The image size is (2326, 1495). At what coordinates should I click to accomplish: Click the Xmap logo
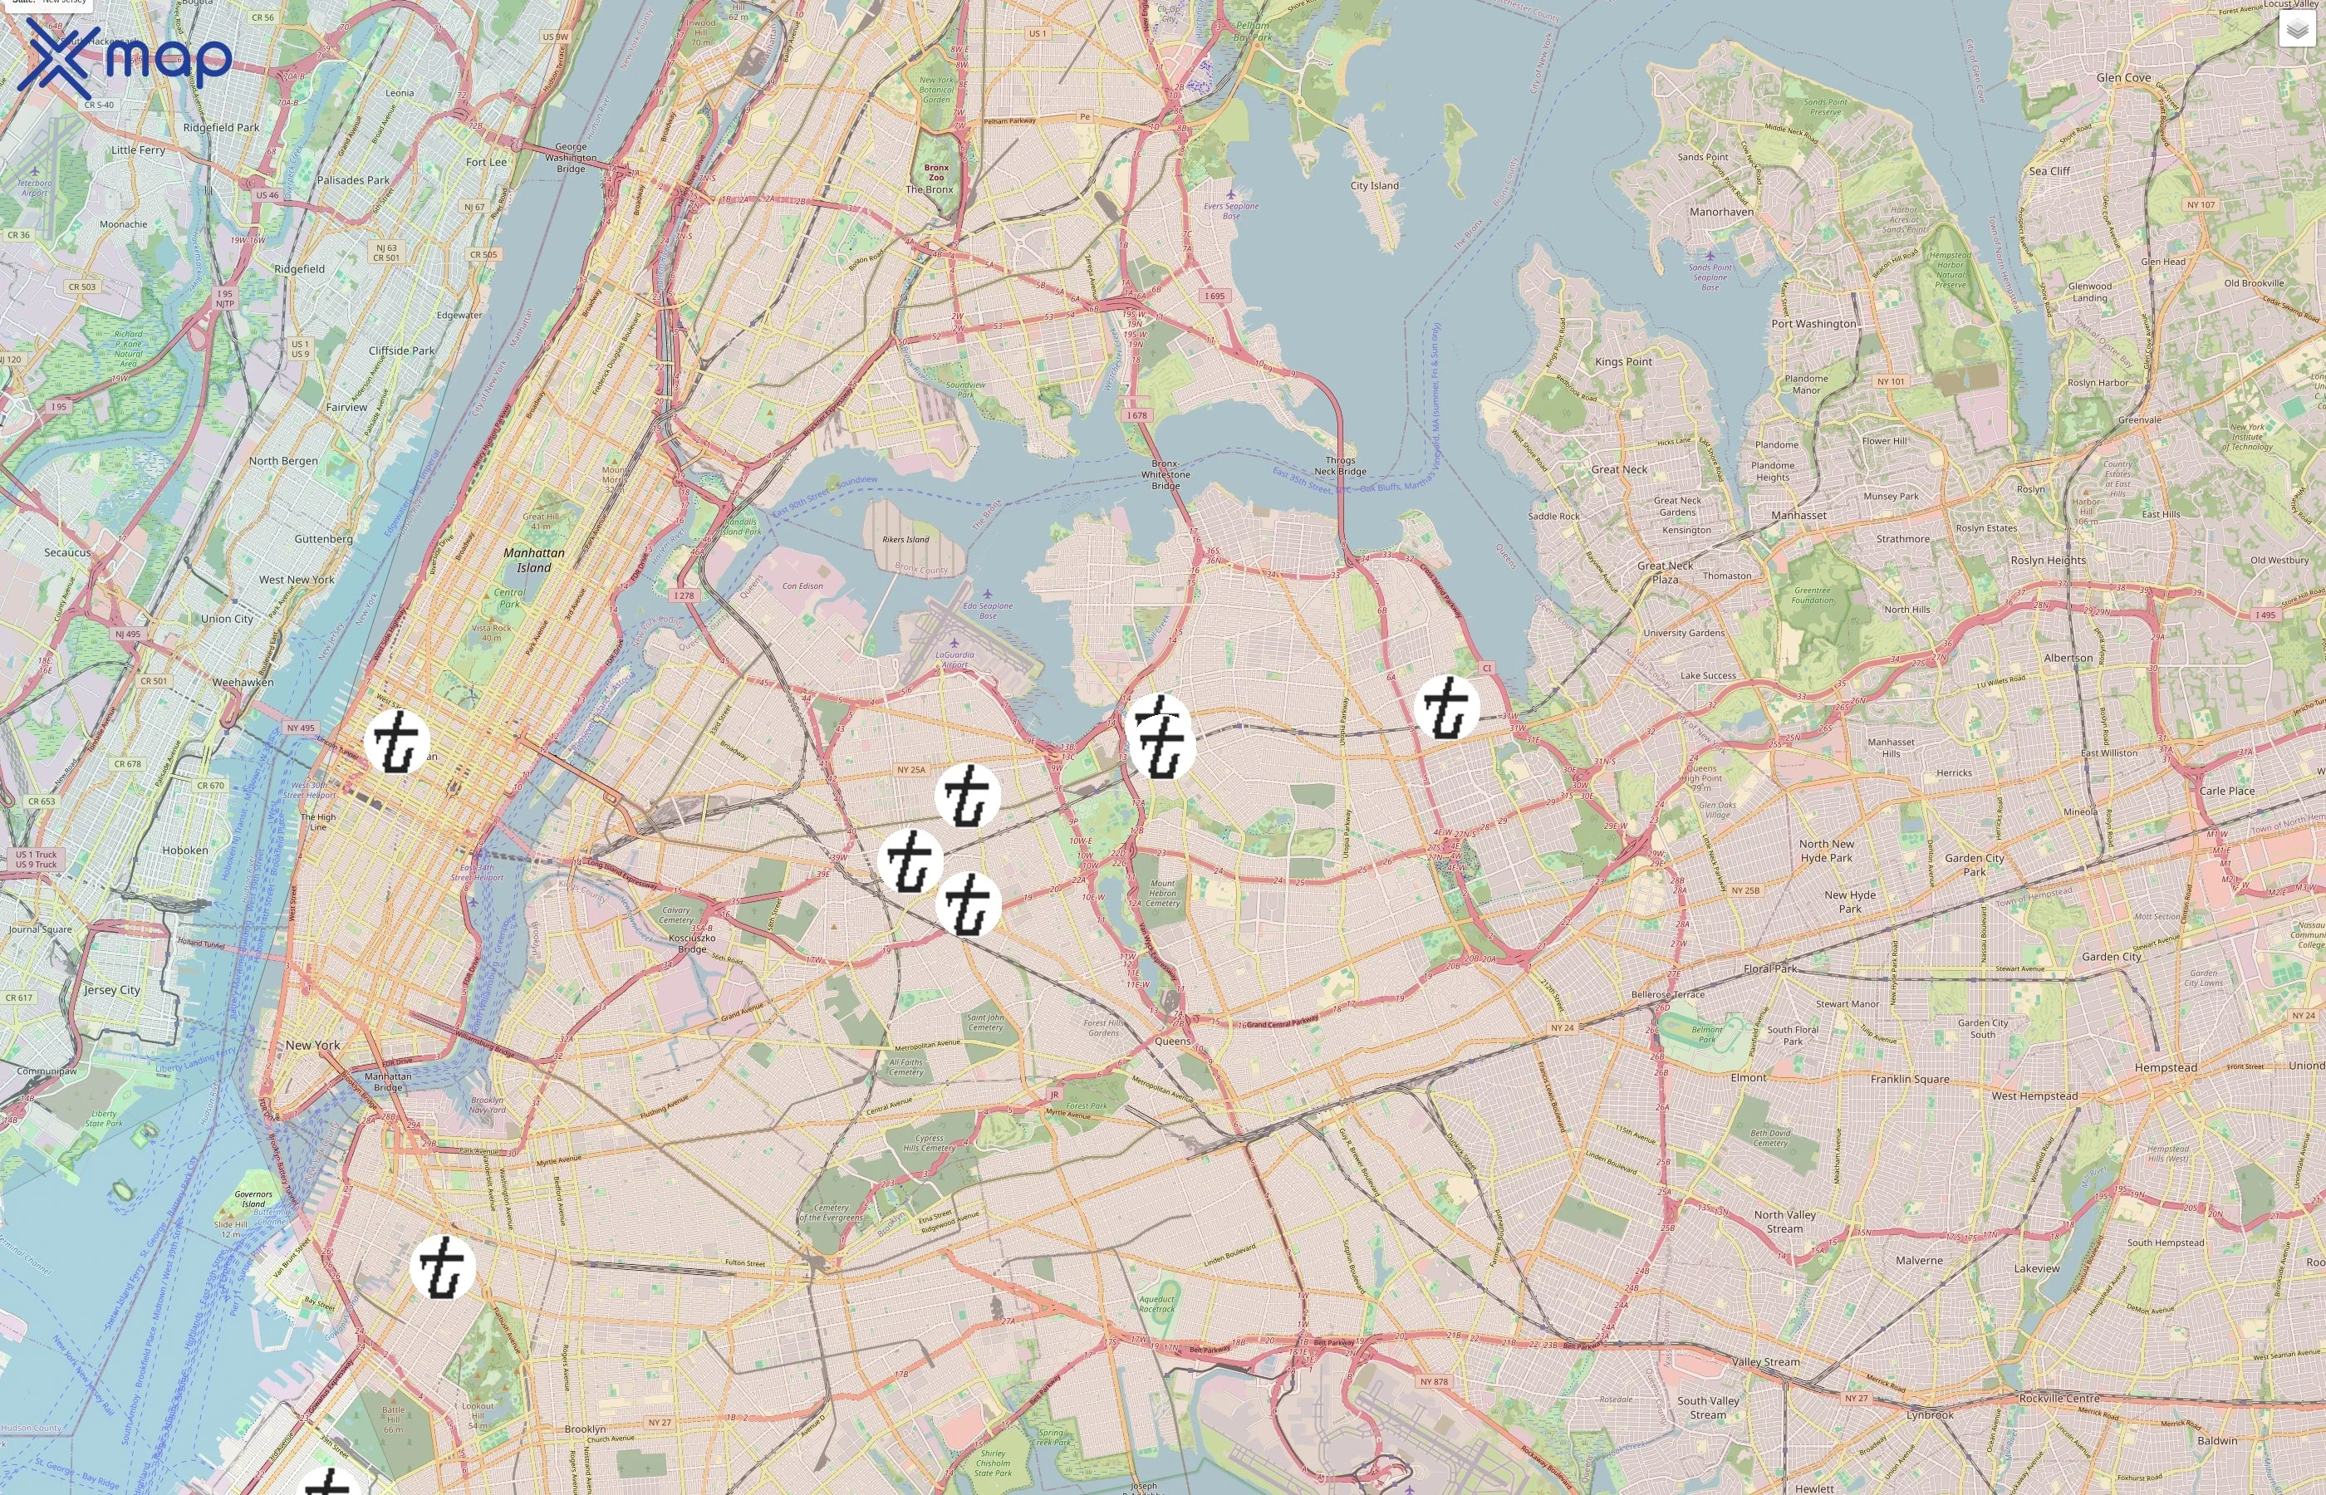pyautogui.click(x=125, y=58)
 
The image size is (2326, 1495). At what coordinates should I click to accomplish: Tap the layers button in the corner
pyautogui.click(x=2296, y=30)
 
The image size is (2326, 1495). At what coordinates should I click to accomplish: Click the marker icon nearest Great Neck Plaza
pyautogui.click(x=1447, y=708)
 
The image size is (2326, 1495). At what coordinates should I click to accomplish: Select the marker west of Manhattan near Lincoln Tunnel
pyautogui.click(x=397, y=742)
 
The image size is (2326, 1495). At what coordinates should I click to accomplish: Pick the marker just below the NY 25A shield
pyautogui.click(x=967, y=796)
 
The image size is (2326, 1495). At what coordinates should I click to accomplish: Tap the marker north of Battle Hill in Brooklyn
pyautogui.click(x=443, y=1267)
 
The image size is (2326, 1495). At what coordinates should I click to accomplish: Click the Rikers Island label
pyautogui.click(x=905, y=540)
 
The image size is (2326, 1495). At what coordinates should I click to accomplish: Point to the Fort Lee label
pyautogui.click(x=485, y=162)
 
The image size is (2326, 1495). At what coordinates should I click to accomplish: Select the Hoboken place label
pyautogui.click(x=184, y=850)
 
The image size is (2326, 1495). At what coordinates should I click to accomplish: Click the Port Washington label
pyautogui.click(x=1813, y=324)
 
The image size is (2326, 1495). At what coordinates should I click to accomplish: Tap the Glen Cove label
pyautogui.click(x=2123, y=78)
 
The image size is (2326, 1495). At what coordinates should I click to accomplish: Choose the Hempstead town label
pyautogui.click(x=2165, y=1068)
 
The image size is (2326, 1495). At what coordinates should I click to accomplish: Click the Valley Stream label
pyautogui.click(x=1765, y=1362)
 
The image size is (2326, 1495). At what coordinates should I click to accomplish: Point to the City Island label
pyautogui.click(x=1375, y=185)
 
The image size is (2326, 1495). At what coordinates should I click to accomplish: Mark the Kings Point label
pyautogui.click(x=1623, y=362)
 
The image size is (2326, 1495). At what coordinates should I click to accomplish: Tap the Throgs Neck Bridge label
pyautogui.click(x=1340, y=466)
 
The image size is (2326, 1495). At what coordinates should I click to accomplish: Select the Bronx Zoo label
pyautogui.click(x=936, y=173)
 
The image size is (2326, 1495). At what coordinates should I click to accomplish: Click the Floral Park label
pyautogui.click(x=1771, y=968)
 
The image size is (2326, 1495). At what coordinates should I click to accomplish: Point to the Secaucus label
pyautogui.click(x=67, y=553)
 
